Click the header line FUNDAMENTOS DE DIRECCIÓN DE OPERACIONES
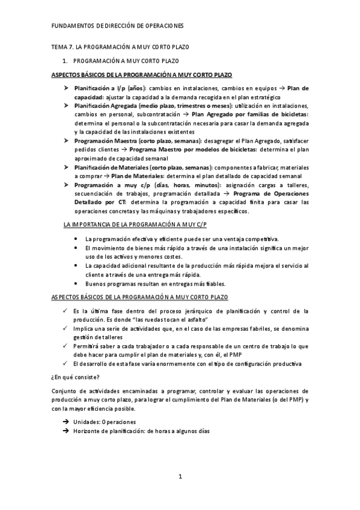pos(118,26)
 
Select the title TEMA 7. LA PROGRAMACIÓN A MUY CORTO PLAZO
pos(120,47)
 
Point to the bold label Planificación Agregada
pos(106,105)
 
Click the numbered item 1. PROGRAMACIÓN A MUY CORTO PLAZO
pos(121,61)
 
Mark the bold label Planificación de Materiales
pos(111,167)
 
